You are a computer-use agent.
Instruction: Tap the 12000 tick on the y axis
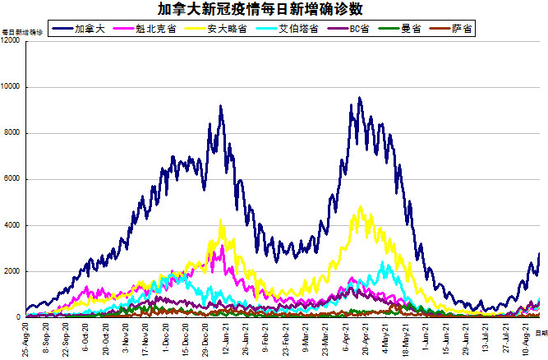(x=12, y=41)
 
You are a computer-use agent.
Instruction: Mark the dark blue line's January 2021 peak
(x=221, y=106)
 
